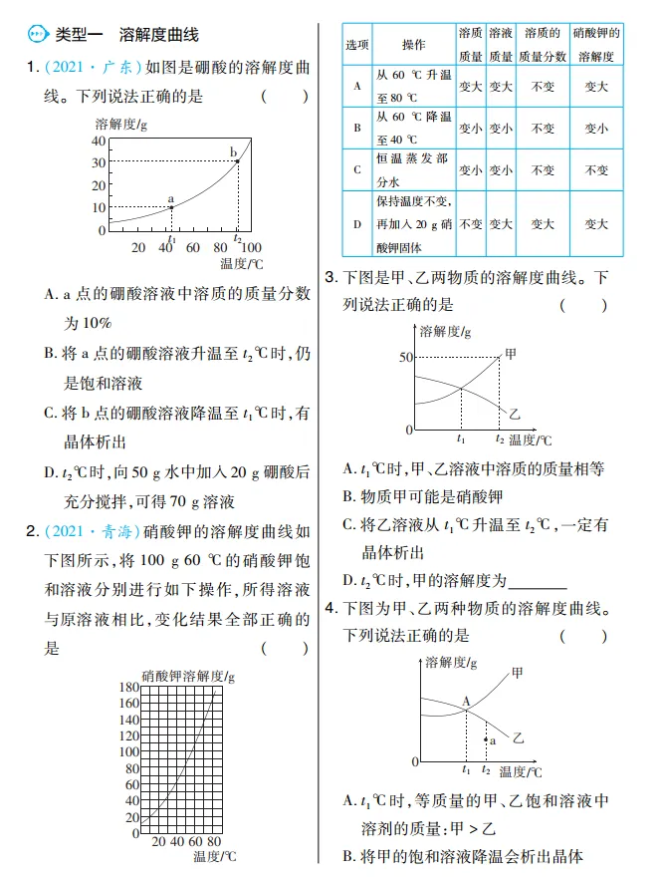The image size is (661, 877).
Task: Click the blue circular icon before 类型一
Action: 37,35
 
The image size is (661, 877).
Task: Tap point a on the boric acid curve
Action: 171,207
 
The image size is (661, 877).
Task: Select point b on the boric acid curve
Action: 238,160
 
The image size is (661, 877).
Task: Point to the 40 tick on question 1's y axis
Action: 99,140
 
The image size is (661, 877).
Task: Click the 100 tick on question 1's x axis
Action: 252,247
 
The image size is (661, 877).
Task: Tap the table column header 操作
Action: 413,46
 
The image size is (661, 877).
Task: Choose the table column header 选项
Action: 357,46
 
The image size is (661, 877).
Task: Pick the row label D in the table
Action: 357,224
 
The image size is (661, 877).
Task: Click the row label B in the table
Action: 357,129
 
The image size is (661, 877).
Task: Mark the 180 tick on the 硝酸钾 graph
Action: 129,688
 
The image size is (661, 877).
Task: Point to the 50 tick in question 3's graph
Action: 406,357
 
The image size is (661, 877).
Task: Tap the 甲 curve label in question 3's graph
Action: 512,353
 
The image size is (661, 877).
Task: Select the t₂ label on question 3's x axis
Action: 499,438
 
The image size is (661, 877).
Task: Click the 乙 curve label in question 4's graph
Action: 518,738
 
